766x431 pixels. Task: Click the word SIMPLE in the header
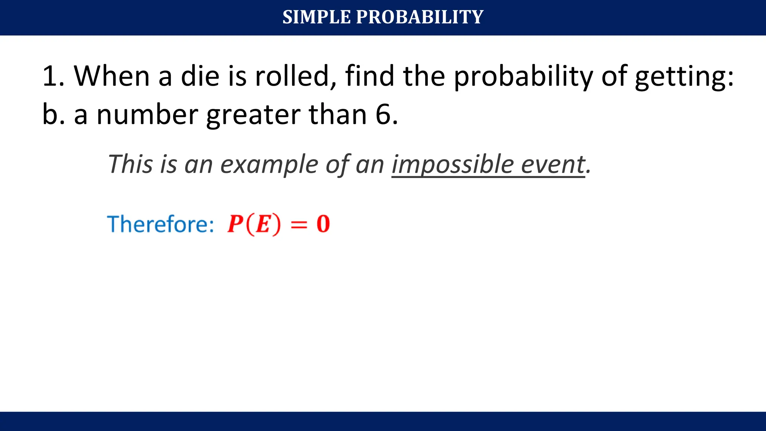coord(316,17)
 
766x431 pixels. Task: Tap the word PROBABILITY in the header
coord(420,17)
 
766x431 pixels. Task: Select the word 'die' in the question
coord(200,76)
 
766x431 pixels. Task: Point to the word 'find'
coord(370,76)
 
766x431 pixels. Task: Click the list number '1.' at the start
coord(53,76)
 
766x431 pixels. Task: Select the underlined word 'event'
coord(553,164)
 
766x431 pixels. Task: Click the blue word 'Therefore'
coord(157,224)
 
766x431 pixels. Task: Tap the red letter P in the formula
coord(236,224)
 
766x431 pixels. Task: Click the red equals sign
coord(299,224)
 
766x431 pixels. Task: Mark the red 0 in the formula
coord(323,224)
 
